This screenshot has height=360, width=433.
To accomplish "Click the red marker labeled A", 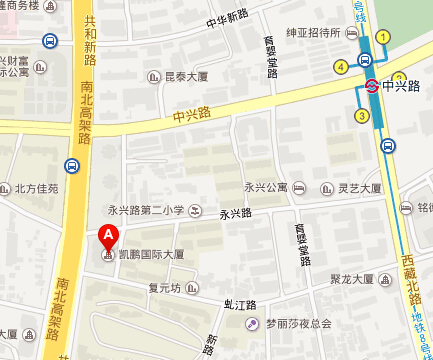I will (106, 238).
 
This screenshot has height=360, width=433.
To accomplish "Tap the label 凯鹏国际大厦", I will (152, 256).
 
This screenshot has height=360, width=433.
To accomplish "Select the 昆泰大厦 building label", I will (184, 76).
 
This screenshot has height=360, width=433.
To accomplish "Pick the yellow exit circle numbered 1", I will (383, 37).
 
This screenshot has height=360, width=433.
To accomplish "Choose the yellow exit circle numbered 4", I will (341, 67).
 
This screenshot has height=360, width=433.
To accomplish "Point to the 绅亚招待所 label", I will (312, 33).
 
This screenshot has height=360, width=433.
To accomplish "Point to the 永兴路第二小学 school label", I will (146, 210).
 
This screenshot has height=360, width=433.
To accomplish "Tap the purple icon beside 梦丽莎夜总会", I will (254, 323).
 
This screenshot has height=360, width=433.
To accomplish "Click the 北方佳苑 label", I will (34, 188).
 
